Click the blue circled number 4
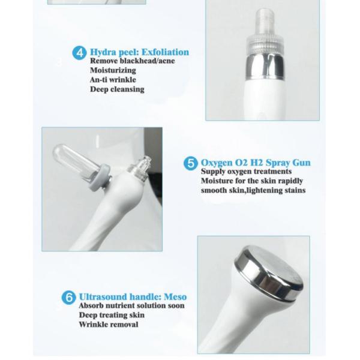click(x=79, y=53)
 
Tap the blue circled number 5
click(x=190, y=163)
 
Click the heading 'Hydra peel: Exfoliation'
click(x=139, y=52)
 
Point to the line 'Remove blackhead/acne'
click(x=132, y=61)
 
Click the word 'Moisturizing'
click(x=113, y=70)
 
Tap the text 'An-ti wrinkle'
click(x=113, y=80)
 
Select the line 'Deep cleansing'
click(x=117, y=89)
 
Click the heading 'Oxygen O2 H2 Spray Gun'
click(x=256, y=163)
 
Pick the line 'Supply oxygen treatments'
click(x=246, y=172)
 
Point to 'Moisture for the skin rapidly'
click(x=252, y=181)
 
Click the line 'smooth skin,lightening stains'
click(x=253, y=190)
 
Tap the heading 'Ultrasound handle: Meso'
click(x=133, y=296)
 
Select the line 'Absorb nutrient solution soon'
click(x=131, y=305)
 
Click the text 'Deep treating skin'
click(x=112, y=315)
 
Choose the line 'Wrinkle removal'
click(x=108, y=325)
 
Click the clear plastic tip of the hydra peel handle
click(x=264, y=27)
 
